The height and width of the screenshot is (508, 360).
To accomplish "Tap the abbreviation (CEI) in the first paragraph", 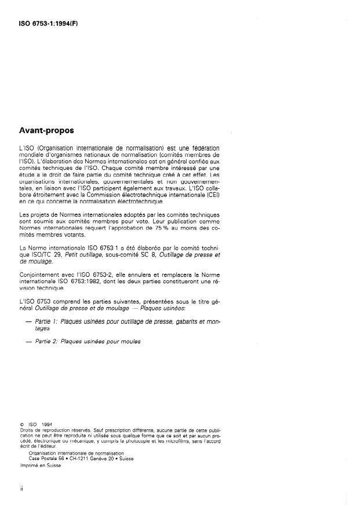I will point(213,195).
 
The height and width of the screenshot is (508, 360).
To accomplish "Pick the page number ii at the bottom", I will point(21,488).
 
